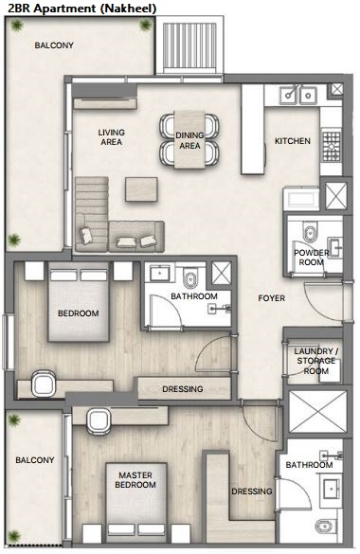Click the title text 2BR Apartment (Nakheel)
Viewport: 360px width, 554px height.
(82, 9)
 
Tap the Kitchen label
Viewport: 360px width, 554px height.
(293, 141)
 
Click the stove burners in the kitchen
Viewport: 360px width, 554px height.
(332, 146)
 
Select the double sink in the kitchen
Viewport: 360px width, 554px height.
(298, 95)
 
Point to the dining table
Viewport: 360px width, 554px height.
(189, 139)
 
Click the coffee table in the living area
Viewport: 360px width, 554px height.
(141, 189)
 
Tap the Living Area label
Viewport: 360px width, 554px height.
(111, 137)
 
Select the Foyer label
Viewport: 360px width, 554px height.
(271, 298)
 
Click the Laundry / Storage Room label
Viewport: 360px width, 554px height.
(316, 361)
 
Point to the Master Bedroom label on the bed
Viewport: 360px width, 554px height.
(135, 480)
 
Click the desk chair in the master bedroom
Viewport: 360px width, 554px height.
(99, 421)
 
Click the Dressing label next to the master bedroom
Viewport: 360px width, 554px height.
(252, 491)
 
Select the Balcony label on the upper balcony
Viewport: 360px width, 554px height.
(54, 45)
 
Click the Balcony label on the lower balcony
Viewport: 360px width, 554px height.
(35, 460)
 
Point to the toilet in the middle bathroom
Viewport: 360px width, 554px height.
(190, 278)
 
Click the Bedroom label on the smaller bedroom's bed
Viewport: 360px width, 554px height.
(79, 313)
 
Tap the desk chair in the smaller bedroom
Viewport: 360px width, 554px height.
(44, 383)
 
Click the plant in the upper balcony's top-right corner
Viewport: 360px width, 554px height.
(145, 25)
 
